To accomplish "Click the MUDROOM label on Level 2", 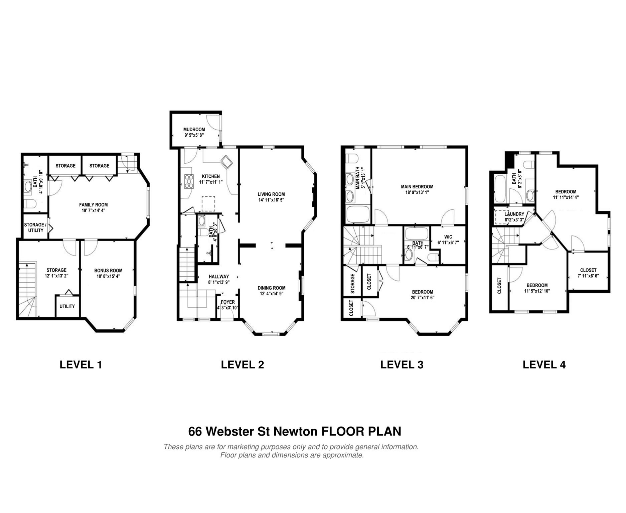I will (x=194, y=130).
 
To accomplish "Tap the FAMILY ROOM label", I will (x=93, y=205).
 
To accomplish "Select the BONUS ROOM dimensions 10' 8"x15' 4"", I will (x=108, y=276).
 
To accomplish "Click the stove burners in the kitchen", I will (x=189, y=181).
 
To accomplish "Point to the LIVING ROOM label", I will (x=271, y=194).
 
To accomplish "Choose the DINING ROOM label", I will (x=271, y=288).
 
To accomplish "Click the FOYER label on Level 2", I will (x=227, y=302).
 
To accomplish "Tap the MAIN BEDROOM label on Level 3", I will (x=417, y=187).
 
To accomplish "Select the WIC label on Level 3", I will (x=448, y=237).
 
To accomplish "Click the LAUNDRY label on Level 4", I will (x=514, y=214).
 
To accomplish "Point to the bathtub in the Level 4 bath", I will (x=500, y=189).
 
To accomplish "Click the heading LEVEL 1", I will (x=81, y=364).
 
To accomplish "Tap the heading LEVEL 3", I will (x=402, y=364).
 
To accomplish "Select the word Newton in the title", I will (x=295, y=431).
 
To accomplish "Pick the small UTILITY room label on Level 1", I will (x=67, y=306).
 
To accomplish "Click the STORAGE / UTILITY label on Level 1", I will (x=35, y=227).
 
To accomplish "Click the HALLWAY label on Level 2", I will (x=219, y=277).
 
